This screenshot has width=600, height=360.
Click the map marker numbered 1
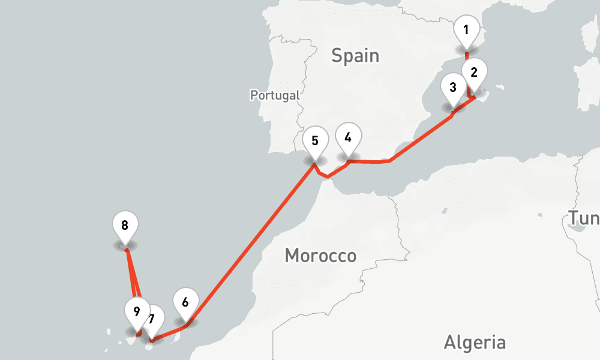pos(466,29)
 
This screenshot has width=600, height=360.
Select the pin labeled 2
pos(474,73)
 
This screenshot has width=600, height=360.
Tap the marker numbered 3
pos(452,88)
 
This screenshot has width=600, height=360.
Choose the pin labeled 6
pos(185,302)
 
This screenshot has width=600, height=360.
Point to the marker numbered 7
pos(153,318)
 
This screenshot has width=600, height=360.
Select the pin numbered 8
pos(125,226)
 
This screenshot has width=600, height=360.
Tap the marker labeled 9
pos(137,311)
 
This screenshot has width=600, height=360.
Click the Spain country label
pos(355,56)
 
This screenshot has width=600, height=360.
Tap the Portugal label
pos(275,95)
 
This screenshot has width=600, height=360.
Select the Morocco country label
pos(320,256)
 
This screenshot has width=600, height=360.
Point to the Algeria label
pos(474,343)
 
